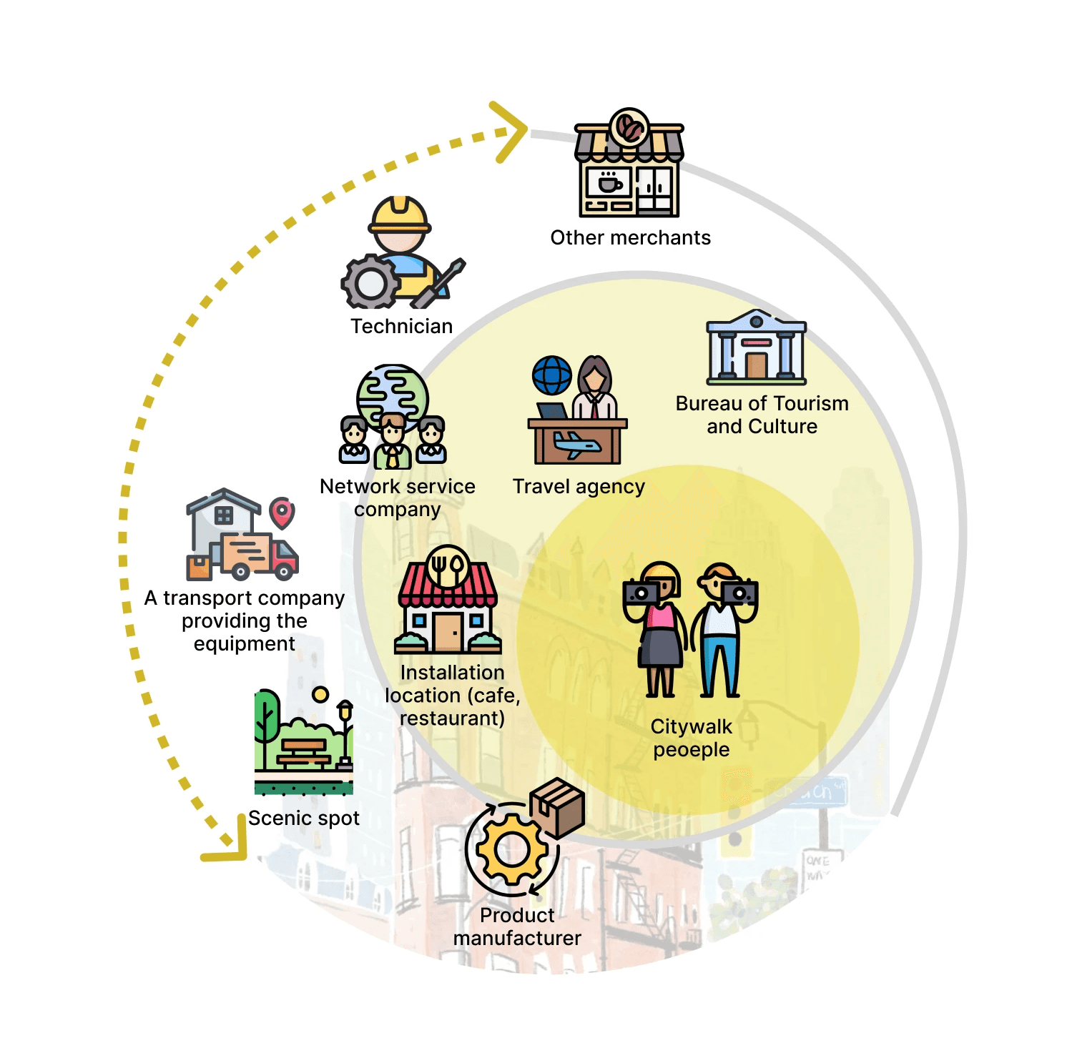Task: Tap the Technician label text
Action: click(401, 327)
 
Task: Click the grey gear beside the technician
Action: click(370, 282)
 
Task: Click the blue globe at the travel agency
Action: click(552, 375)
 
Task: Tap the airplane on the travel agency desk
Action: click(576, 445)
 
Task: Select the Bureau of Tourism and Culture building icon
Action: click(756, 348)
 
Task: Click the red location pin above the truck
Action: click(282, 512)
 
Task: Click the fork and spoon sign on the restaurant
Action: click(448, 566)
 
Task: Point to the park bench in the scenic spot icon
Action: click(304, 752)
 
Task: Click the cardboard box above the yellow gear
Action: click(558, 808)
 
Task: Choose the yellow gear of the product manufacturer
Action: click(512, 850)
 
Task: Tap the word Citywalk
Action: click(691, 727)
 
